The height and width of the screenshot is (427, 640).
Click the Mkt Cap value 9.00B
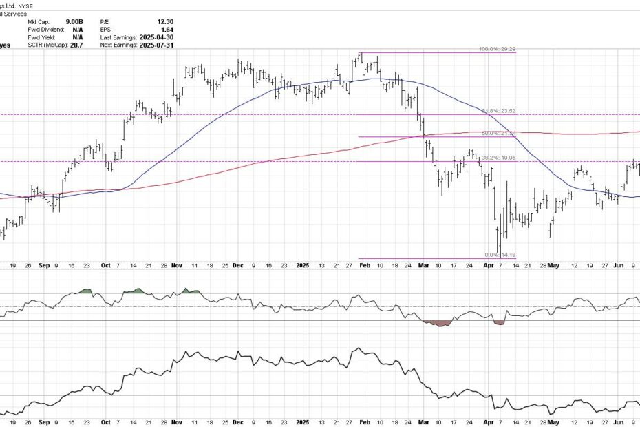tap(74, 21)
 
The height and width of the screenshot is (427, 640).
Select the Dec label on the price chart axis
tap(237, 264)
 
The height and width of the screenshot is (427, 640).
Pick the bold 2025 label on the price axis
tap(301, 264)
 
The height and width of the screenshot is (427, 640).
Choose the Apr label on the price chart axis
tap(488, 264)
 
